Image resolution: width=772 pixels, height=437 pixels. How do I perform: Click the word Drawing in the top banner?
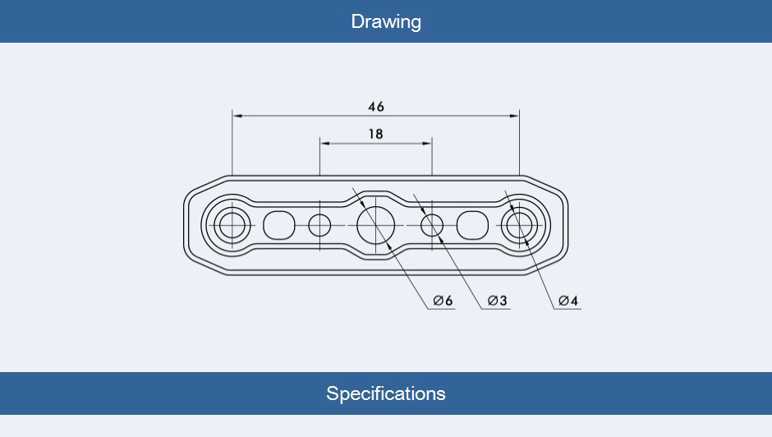(386, 21)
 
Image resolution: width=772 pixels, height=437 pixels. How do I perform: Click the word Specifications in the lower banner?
(386, 393)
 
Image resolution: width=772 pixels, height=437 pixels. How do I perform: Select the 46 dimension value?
(376, 107)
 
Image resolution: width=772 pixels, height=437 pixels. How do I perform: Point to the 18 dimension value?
(375, 134)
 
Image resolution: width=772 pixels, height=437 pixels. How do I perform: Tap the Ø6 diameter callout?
(443, 301)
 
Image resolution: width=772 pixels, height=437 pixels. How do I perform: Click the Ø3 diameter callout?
(498, 301)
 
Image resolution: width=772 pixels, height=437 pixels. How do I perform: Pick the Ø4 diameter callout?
(568, 301)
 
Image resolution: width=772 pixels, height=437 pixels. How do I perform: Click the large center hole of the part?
(375, 223)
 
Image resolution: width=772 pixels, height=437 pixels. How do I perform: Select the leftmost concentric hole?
(232, 223)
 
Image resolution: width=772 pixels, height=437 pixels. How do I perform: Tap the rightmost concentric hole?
(519, 223)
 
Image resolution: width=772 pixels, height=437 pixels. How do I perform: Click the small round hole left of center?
(319, 223)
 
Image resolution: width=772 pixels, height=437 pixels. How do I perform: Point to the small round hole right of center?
(432, 223)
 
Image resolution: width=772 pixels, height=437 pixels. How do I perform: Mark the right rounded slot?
(472, 223)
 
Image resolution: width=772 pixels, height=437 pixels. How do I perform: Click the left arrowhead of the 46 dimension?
(237, 116)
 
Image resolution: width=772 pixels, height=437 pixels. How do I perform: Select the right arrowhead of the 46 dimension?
(515, 116)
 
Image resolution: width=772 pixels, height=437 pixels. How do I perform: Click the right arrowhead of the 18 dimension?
(427, 143)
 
